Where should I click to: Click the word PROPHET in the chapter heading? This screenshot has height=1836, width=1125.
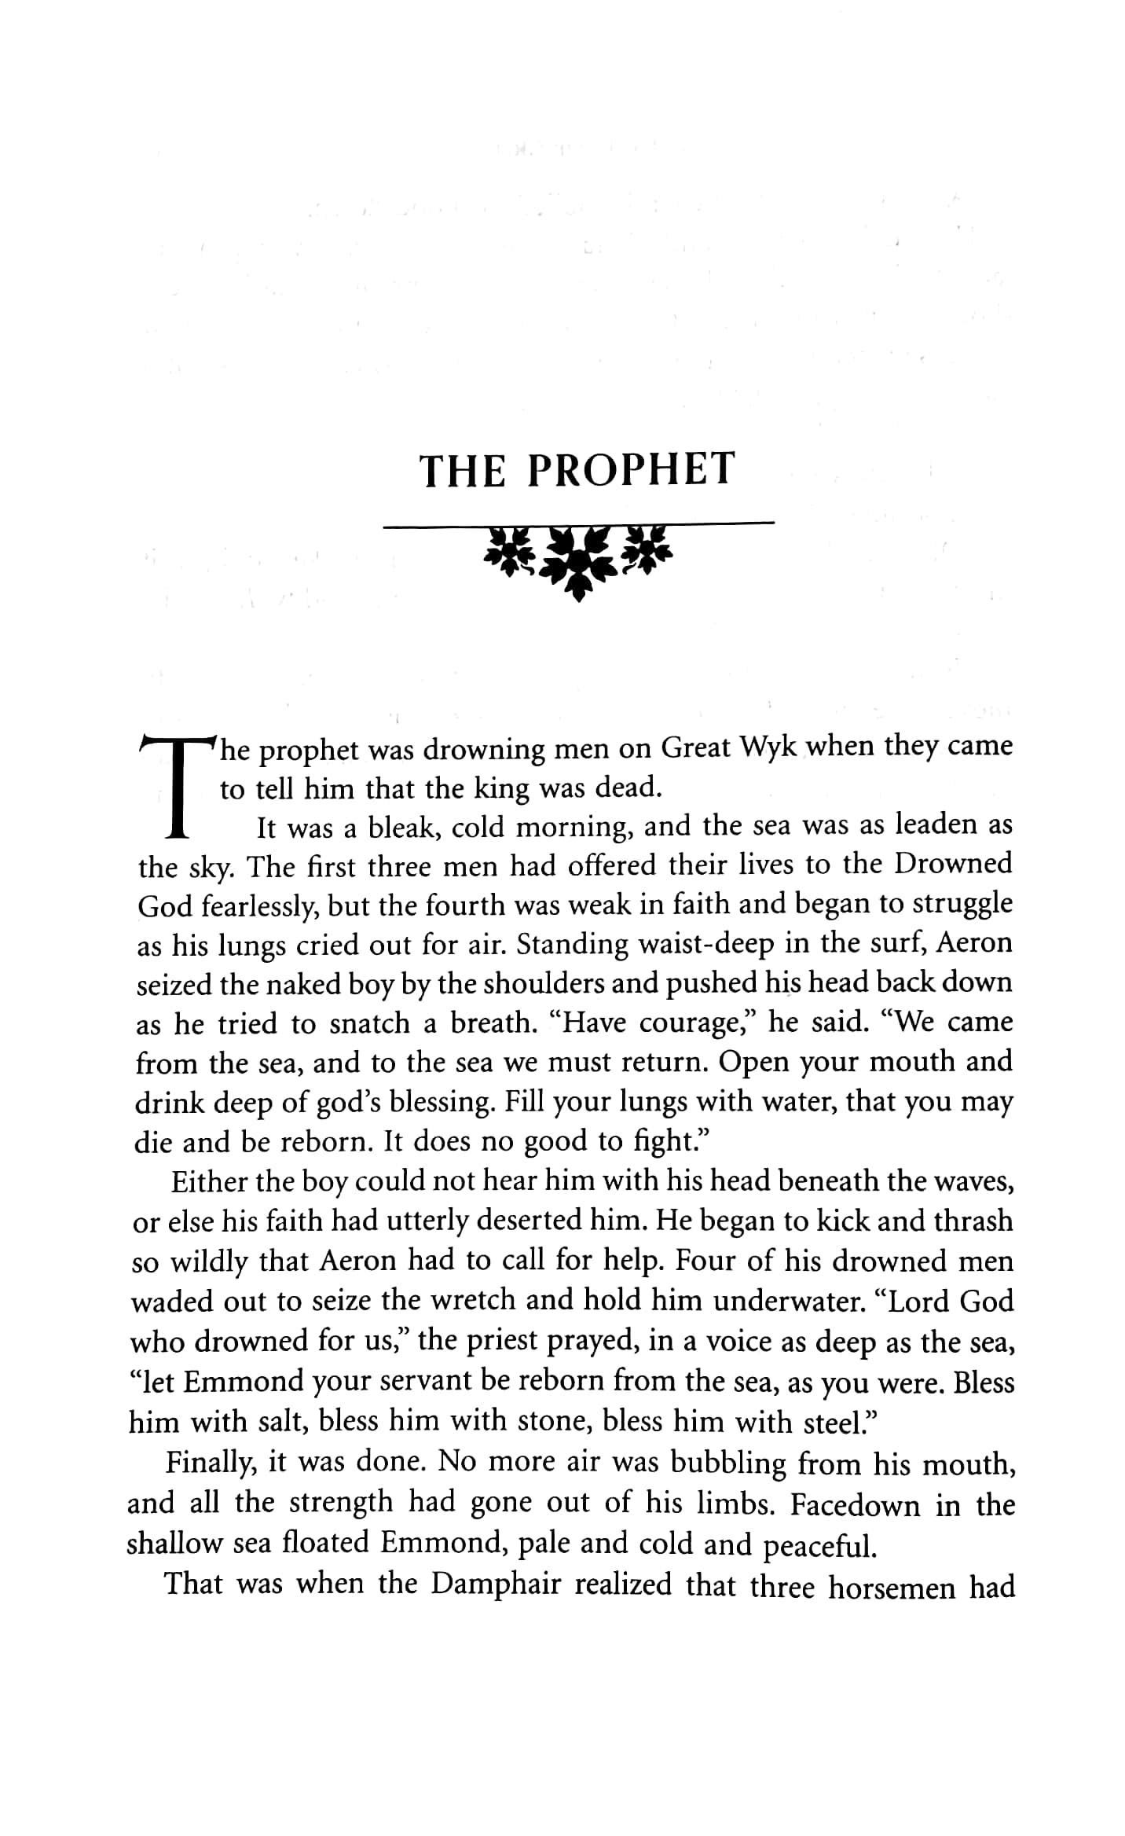[631, 469]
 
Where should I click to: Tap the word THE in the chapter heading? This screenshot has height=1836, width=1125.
[462, 471]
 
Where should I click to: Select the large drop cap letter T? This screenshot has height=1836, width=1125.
[178, 785]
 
